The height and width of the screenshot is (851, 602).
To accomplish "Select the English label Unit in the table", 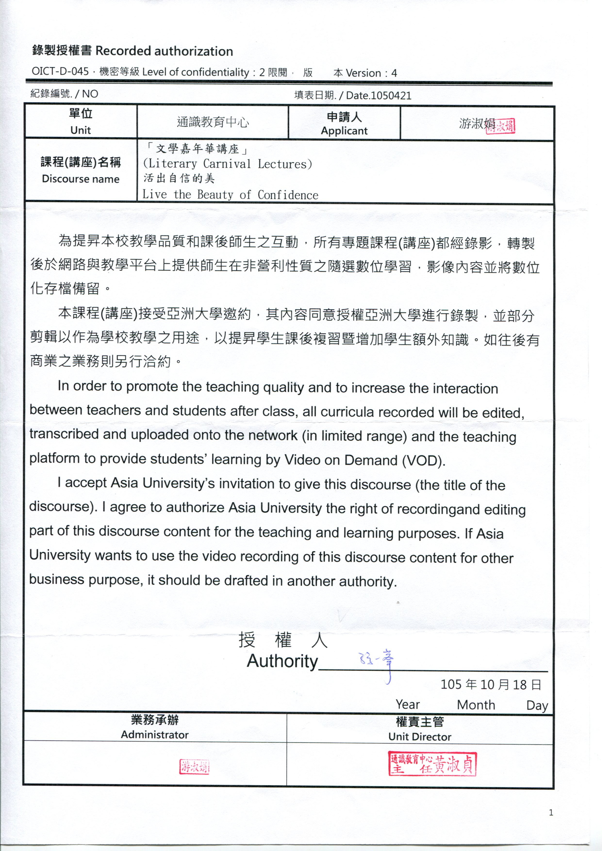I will coord(81,130).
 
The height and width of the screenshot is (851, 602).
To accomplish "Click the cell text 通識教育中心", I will coord(213,122).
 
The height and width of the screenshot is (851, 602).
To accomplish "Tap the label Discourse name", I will coord(81,179).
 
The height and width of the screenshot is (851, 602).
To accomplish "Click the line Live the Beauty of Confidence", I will coord(230,195).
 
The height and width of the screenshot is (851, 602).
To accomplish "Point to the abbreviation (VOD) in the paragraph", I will coord(423,461).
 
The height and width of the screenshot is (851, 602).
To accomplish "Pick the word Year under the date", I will coord(408,704).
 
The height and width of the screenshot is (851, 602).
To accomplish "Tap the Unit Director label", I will coord(420,737).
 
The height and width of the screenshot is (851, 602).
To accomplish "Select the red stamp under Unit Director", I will coord(432,764).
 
